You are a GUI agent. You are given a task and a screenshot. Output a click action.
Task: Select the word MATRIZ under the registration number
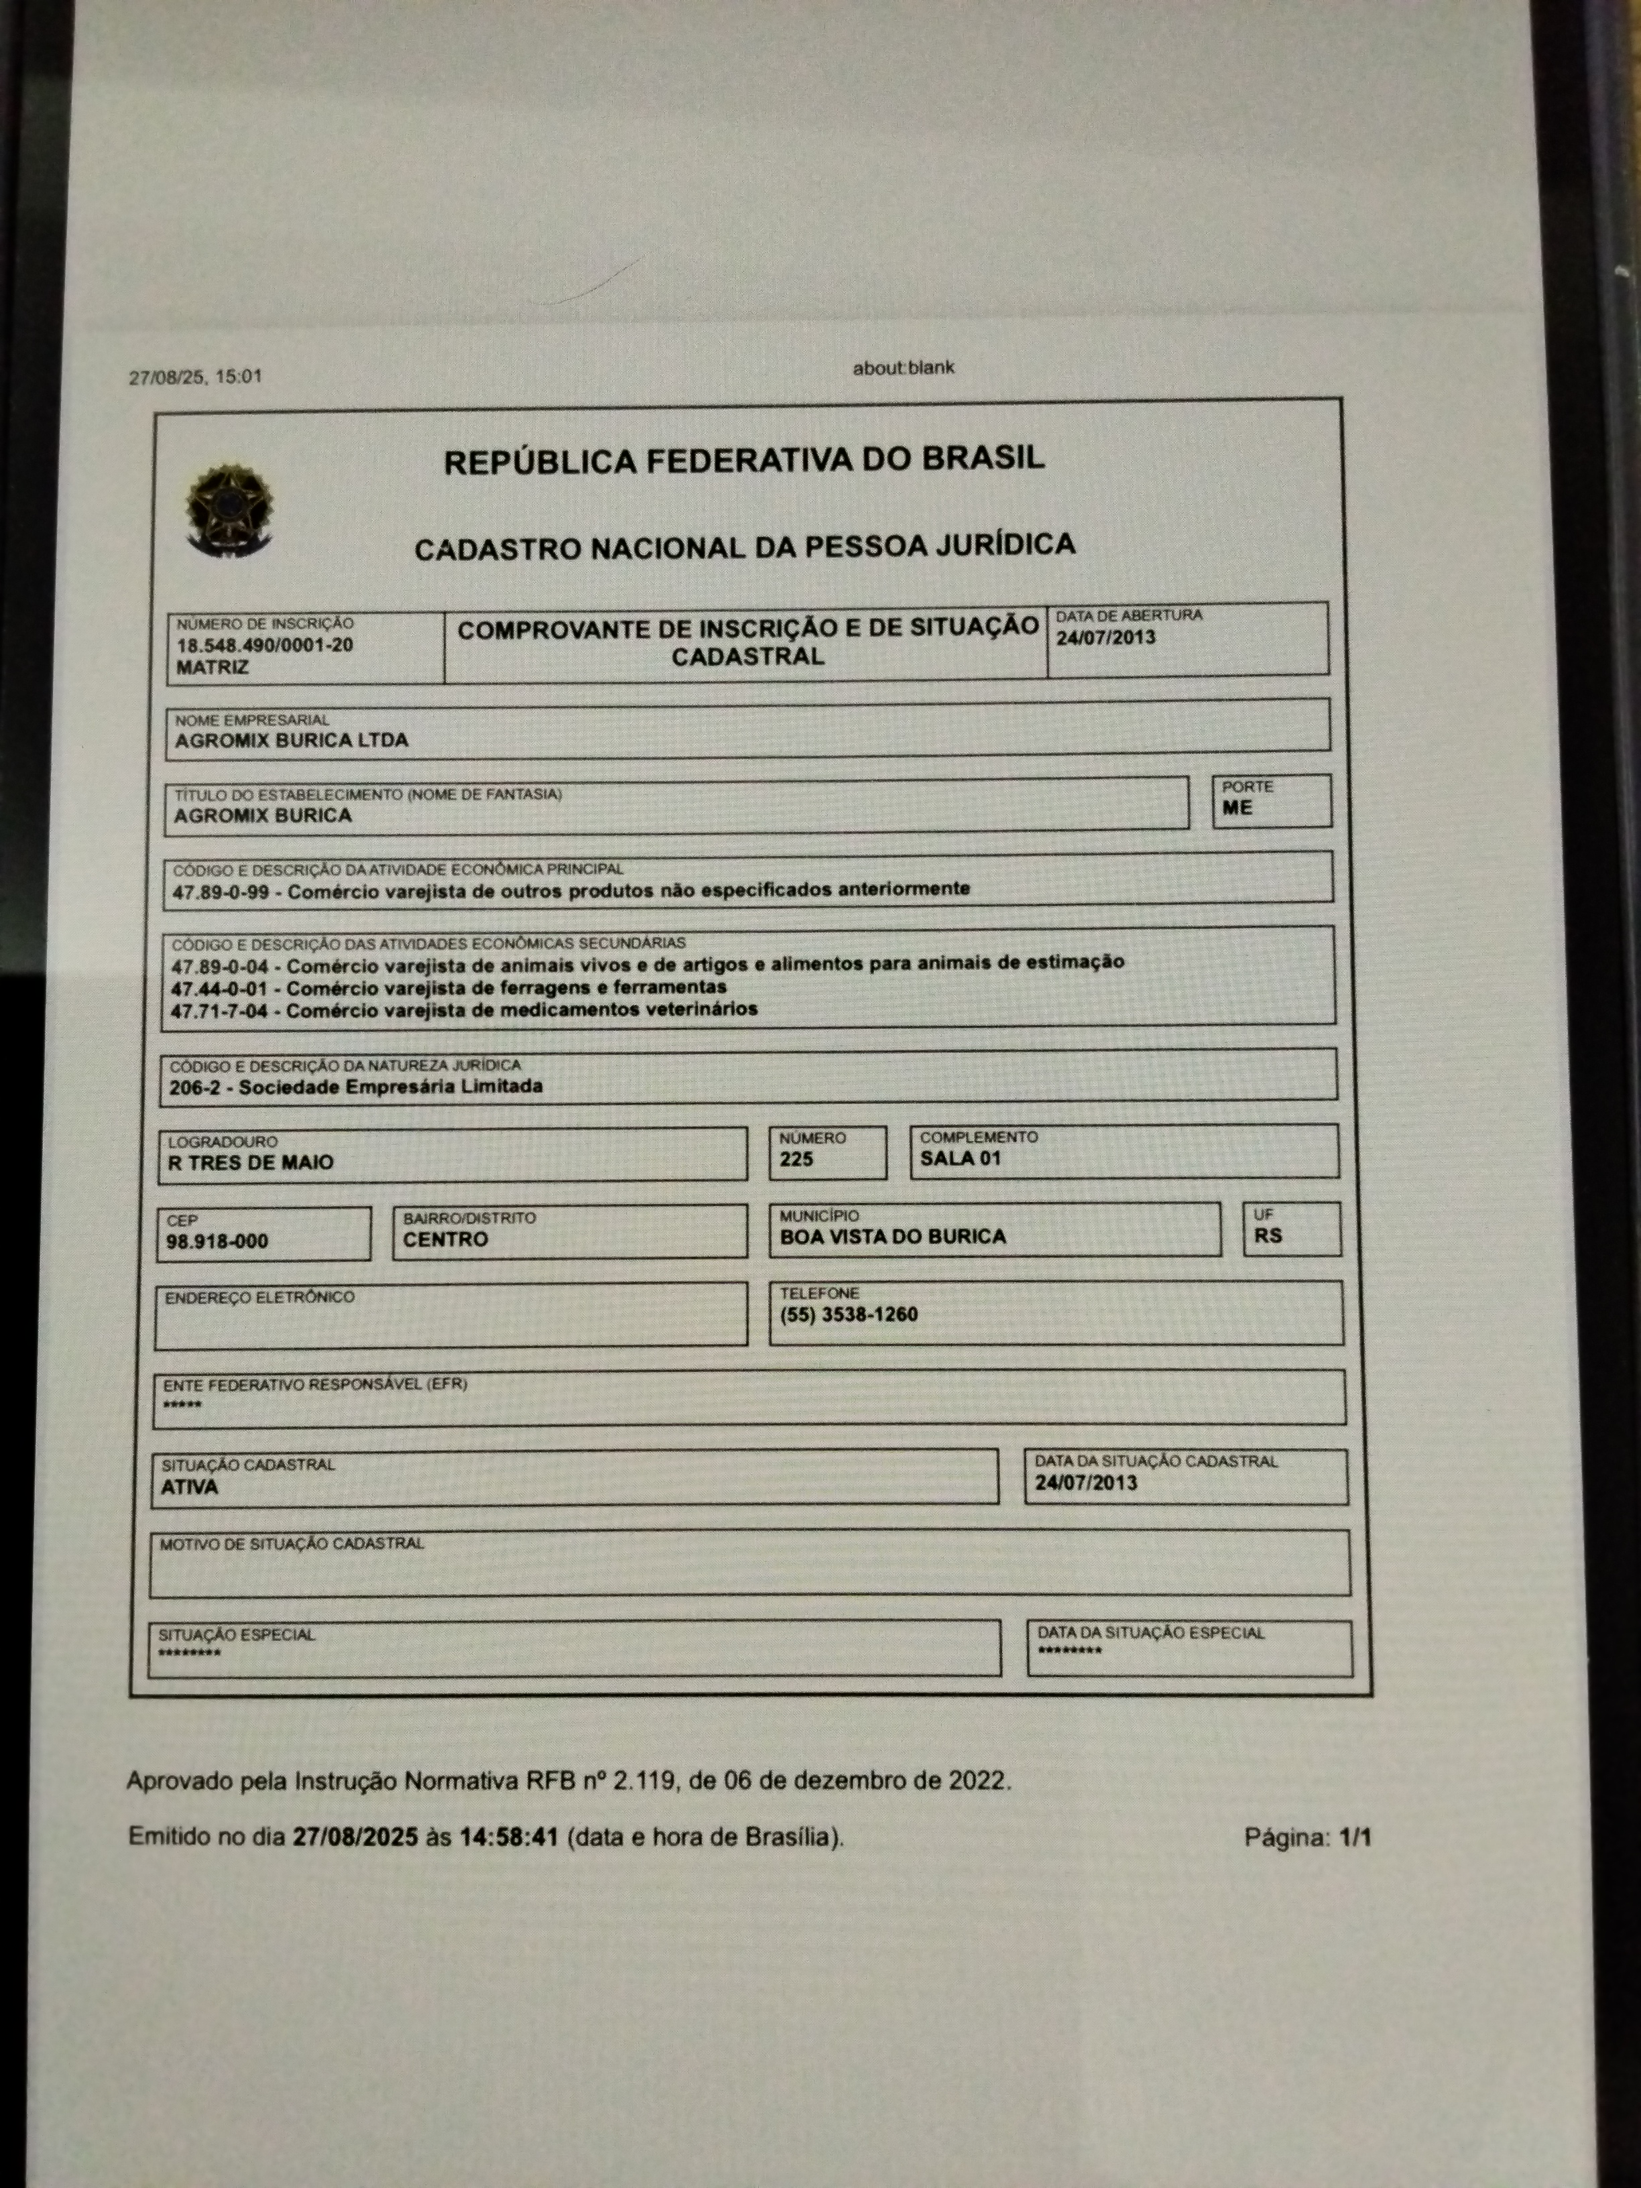pos(212,668)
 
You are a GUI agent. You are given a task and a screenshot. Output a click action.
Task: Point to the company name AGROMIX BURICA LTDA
pos(291,741)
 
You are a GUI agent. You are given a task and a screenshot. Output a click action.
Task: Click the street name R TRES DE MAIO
pos(250,1163)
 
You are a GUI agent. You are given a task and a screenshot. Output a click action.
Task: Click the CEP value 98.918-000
pos(217,1242)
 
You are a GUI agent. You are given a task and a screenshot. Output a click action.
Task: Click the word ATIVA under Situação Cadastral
pos(189,1487)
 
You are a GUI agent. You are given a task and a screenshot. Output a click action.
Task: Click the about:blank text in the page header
pos(903,369)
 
